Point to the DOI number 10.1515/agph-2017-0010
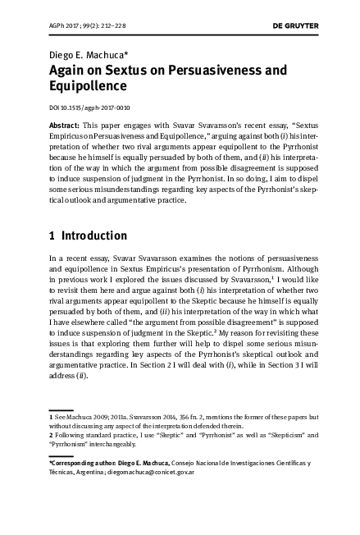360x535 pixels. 89,107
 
